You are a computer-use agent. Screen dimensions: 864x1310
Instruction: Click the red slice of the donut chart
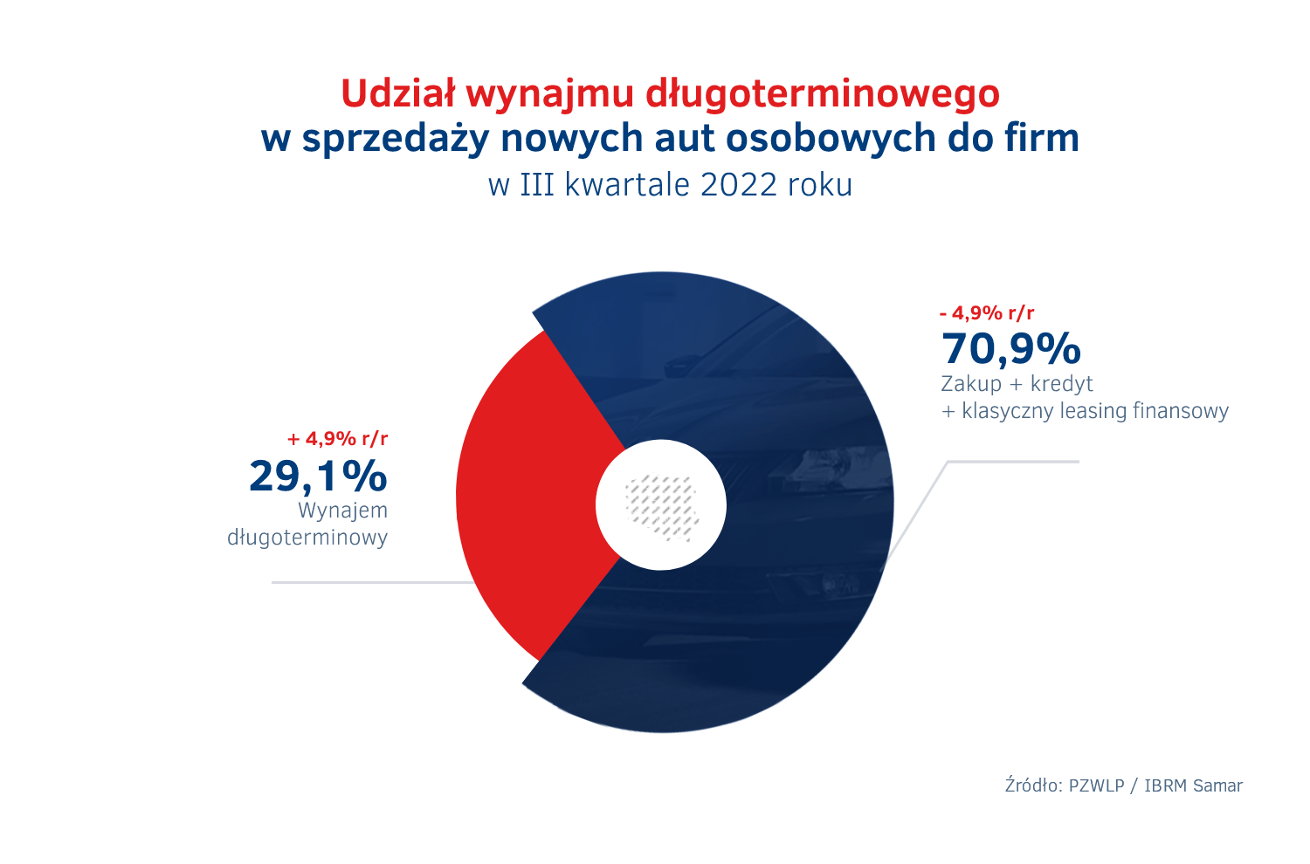524,497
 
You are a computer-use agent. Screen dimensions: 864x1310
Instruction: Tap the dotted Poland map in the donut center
661,506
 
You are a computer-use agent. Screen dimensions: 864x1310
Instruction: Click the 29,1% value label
318,477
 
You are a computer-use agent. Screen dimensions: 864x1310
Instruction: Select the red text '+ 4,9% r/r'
337,439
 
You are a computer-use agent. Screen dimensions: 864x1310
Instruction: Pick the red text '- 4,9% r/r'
987,313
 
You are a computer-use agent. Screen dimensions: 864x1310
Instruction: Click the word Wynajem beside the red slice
343,511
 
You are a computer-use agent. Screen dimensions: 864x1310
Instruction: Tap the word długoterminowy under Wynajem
307,538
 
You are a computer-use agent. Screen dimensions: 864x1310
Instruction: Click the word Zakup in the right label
971,384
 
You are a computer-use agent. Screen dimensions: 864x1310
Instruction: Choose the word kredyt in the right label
1062,384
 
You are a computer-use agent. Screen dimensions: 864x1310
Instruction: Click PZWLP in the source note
1096,785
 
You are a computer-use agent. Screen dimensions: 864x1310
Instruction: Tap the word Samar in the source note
1217,785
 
